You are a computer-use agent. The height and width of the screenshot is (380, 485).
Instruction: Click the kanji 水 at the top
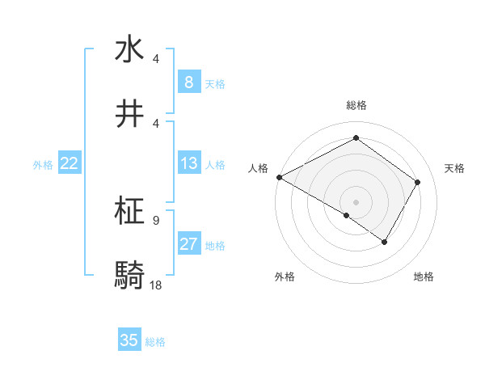[129, 50]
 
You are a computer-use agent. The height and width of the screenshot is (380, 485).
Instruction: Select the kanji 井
[129, 114]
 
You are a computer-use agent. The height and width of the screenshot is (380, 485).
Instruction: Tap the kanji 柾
[129, 212]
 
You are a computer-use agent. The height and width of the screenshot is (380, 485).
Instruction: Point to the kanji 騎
[129, 275]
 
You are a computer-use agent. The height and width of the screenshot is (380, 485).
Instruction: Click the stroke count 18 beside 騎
[155, 285]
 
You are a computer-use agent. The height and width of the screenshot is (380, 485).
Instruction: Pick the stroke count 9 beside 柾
[155, 220]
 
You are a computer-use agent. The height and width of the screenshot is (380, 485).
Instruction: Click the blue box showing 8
[188, 82]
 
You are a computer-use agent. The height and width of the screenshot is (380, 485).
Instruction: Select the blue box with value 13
[188, 163]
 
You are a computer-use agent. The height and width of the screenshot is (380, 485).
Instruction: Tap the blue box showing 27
[188, 244]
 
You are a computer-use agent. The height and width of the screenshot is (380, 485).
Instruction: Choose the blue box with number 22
[69, 163]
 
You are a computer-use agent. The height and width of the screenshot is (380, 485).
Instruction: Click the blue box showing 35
[129, 340]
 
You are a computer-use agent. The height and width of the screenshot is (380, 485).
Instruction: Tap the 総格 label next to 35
[155, 342]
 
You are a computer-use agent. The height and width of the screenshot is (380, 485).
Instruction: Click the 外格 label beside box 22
[43, 165]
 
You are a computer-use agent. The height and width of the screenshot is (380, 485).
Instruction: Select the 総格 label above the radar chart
[356, 106]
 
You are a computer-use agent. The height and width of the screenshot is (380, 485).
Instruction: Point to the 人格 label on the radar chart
[259, 168]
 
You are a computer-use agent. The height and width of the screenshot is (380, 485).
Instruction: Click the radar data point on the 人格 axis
[279, 177]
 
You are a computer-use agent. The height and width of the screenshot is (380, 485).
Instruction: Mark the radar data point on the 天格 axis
[418, 182]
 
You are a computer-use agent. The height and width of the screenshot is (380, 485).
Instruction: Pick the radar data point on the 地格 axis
[385, 242]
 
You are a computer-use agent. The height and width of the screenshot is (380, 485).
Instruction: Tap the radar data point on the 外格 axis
[347, 215]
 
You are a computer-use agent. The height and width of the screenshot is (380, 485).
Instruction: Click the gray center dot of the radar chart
[356, 202]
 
